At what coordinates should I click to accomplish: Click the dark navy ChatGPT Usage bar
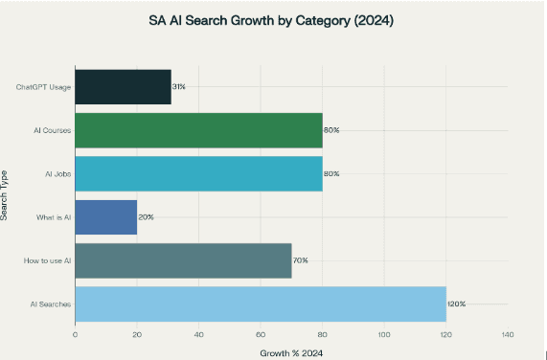(123, 86)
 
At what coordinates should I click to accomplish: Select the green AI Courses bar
(198, 129)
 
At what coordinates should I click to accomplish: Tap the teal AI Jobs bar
(198, 173)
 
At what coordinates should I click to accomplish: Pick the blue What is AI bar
(105, 217)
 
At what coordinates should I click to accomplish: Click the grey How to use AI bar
(183, 260)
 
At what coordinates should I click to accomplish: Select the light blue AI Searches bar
(260, 304)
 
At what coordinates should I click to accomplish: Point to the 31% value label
(178, 86)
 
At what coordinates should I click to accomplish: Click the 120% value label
(456, 304)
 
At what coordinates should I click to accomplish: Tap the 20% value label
(146, 217)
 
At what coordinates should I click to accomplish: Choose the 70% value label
(300, 260)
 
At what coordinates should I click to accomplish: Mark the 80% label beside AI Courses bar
(331, 129)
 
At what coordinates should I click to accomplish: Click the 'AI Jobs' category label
(57, 173)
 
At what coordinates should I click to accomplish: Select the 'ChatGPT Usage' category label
(43, 87)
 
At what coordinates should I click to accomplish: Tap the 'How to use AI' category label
(48, 260)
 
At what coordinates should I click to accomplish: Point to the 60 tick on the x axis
(261, 335)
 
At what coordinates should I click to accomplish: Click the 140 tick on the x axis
(507, 335)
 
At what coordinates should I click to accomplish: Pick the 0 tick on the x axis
(75, 335)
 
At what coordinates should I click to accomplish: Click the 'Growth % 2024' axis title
(291, 352)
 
